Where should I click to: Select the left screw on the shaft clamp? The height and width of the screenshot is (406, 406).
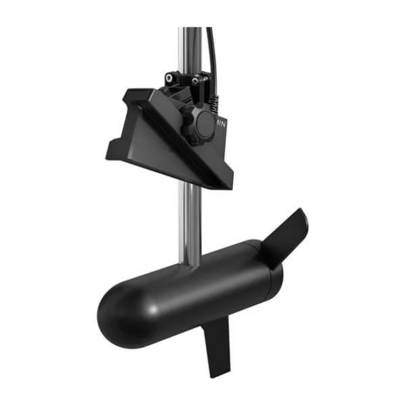(x=170, y=77)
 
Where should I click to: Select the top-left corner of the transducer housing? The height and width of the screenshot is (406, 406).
(x=126, y=93)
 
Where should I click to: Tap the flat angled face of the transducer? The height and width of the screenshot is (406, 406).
(x=159, y=143)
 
